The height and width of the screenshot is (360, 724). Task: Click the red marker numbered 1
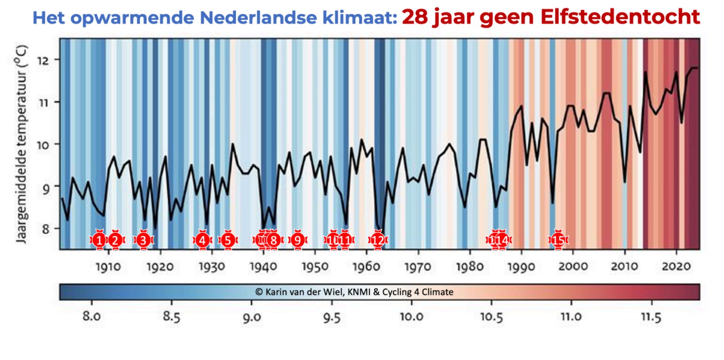coord(99,240)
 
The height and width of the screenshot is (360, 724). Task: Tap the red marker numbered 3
coord(143,240)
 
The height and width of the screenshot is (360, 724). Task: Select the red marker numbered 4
coord(202,240)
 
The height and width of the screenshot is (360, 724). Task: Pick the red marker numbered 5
coord(228,240)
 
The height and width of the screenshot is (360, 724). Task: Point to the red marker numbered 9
coord(298,240)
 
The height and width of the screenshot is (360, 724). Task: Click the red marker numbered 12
coord(378,240)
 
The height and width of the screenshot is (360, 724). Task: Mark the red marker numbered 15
coord(558,240)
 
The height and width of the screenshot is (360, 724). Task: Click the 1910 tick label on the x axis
coord(108,267)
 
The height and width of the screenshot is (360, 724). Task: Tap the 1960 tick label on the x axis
coord(366,267)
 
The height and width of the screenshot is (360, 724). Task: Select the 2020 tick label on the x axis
coord(676,267)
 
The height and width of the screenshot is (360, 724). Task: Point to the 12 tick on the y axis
coord(43,60)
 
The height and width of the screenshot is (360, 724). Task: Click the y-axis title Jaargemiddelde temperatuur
coord(21,144)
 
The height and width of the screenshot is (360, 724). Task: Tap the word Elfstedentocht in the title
coord(620,17)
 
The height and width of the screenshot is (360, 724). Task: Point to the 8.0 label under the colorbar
coord(92,317)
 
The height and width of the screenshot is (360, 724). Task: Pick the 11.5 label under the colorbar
coord(651,317)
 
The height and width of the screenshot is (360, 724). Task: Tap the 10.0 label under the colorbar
coord(411,317)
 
